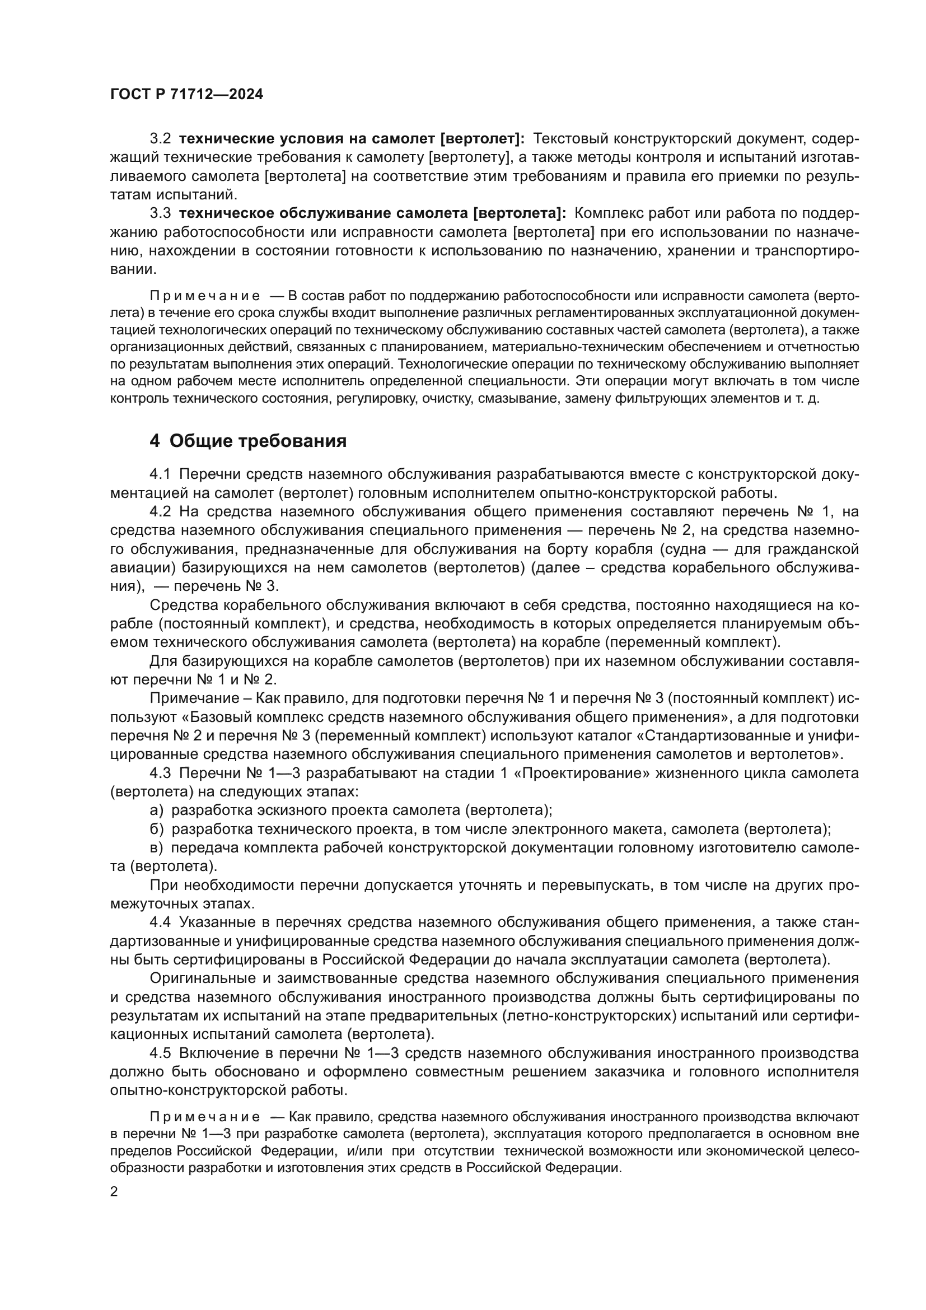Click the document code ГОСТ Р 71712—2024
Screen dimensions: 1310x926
(186, 94)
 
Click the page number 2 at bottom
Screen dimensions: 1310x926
(114, 1191)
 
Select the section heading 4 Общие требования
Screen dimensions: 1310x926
(248, 440)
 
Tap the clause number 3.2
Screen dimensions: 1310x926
(160, 139)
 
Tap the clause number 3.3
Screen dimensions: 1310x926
(160, 213)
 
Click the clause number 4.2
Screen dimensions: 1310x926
(160, 511)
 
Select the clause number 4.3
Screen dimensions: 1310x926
(160, 773)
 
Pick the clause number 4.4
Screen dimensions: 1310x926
(160, 922)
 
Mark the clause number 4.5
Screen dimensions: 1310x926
(160, 1053)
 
